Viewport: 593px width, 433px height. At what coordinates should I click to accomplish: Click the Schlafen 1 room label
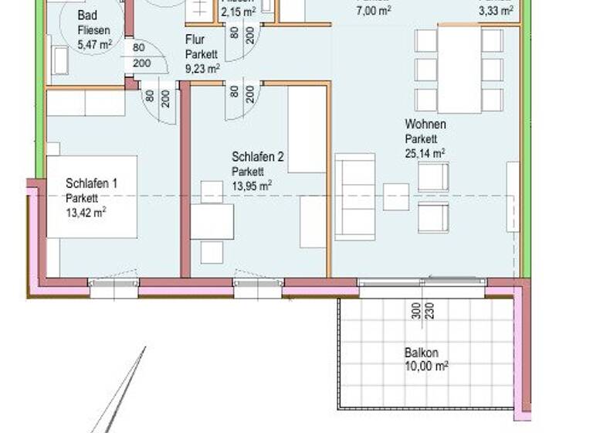click(x=91, y=184)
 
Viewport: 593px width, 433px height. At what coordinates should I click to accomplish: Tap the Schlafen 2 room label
click(x=258, y=157)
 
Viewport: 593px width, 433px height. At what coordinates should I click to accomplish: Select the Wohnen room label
click(x=425, y=124)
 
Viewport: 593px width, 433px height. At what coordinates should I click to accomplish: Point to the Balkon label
click(x=421, y=353)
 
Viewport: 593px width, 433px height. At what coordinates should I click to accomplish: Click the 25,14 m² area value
click(x=425, y=153)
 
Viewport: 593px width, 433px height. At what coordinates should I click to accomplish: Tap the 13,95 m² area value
click(x=252, y=186)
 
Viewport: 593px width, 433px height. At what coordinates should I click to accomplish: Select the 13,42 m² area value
click(x=86, y=213)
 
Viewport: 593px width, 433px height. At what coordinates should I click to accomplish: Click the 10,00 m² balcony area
click(x=426, y=368)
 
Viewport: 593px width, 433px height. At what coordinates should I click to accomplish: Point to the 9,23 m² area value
click(x=203, y=68)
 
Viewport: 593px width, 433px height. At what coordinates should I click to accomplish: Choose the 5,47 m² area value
click(x=95, y=45)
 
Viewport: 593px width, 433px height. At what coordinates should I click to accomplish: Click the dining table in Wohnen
click(x=459, y=70)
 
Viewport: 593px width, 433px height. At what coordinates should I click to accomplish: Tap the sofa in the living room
click(x=354, y=196)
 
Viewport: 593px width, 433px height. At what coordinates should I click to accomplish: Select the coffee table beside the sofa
click(x=396, y=196)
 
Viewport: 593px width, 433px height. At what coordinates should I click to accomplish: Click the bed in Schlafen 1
click(x=91, y=197)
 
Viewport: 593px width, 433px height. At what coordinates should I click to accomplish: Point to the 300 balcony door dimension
click(x=416, y=311)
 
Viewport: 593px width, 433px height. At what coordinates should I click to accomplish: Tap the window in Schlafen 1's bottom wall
click(x=114, y=288)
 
